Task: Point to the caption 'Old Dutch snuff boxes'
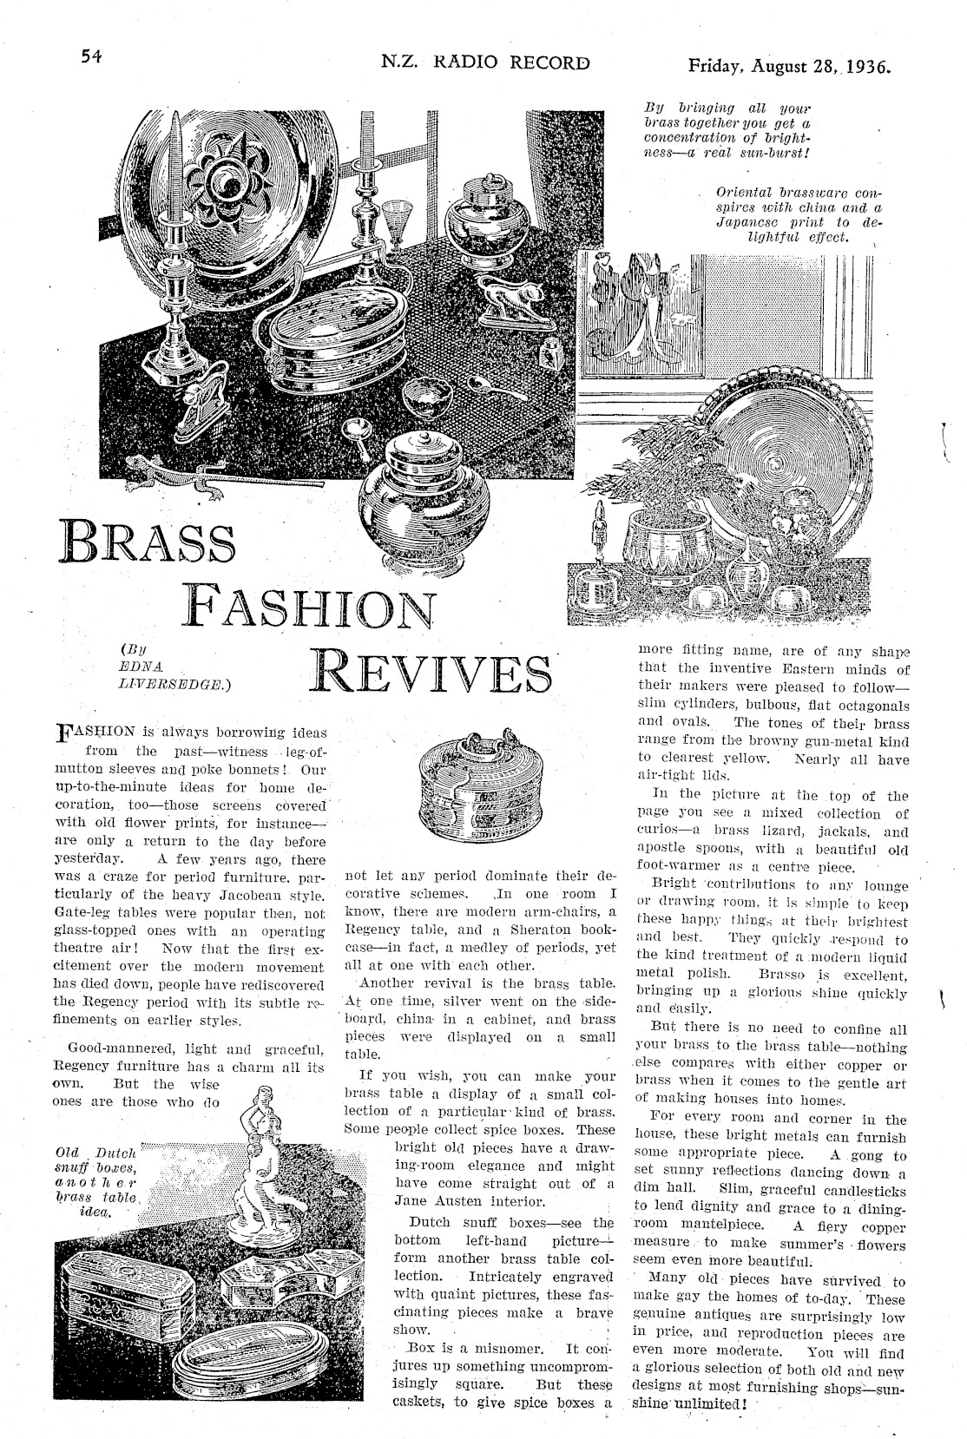[x=95, y=1181]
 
